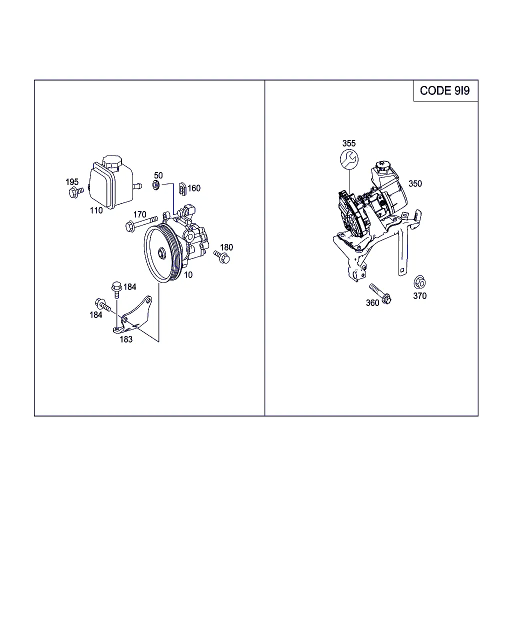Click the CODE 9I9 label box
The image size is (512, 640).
445,90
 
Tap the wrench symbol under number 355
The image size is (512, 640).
349,159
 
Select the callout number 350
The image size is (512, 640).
415,183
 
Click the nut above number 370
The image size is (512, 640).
419,282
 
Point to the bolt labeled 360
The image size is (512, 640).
380,293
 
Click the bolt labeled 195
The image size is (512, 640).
76,192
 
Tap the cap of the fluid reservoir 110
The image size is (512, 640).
112,162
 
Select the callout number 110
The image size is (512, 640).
96,210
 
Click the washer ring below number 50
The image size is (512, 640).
156,185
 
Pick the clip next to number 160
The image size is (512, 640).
182,189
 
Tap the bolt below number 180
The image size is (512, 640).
222,257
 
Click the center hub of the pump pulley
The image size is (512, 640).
162,253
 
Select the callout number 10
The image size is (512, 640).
188,274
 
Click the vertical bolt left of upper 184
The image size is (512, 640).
116,289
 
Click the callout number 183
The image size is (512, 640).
126,339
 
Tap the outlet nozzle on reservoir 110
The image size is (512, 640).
137,186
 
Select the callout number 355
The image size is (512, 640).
348,143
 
